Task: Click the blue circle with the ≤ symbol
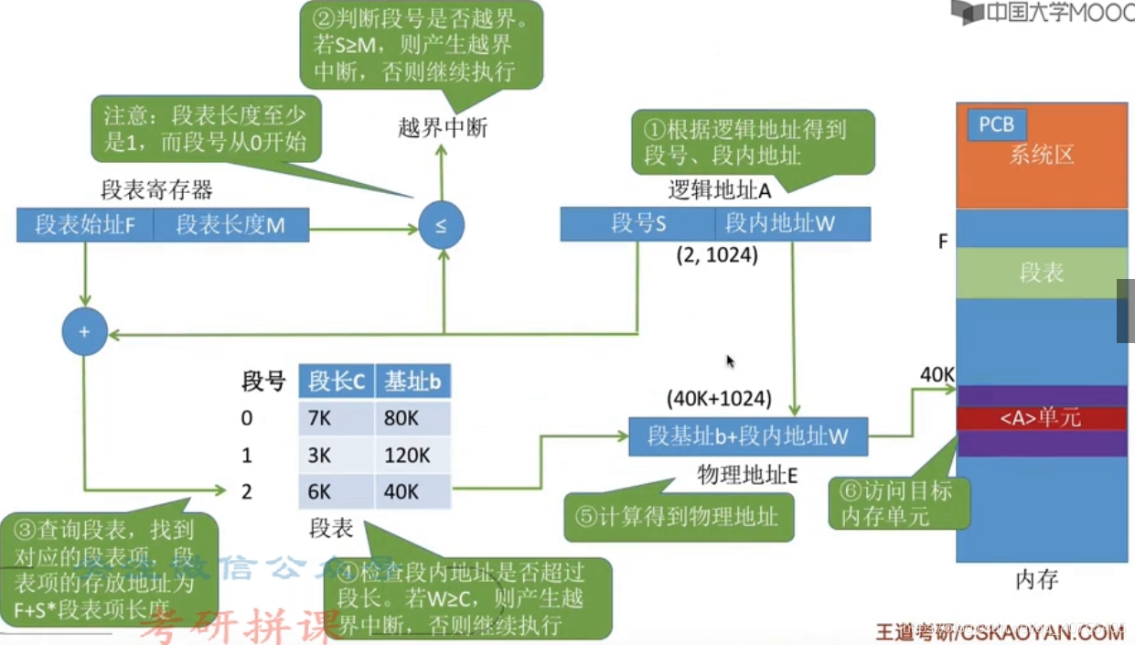click(442, 226)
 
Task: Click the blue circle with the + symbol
click(84, 332)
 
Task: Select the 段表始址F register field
click(85, 225)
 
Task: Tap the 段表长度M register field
click(230, 225)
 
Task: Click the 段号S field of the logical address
click(638, 223)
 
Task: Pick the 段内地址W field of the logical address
click(792, 223)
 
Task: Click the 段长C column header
click(337, 381)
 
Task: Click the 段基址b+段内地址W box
click(748, 436)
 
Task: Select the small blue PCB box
click(996, 124)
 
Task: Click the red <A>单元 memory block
click(1041, 418)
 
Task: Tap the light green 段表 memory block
click(1041, 273)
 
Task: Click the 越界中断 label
click(443, 128)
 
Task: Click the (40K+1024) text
click(720, 399)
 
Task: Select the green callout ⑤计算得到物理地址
click(677, 516)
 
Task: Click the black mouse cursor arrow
click(731, 361)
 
